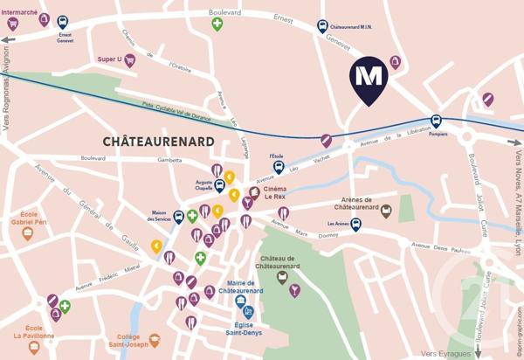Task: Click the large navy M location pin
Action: pos(369,80)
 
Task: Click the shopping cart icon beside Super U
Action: pos(129,60)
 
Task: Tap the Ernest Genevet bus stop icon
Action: pos(64,22)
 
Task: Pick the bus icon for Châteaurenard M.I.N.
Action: pos(323,26)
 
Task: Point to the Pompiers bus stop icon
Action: pos(436,121)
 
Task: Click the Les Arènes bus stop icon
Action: pos(356,225)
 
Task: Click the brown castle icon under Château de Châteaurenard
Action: pos(281,277)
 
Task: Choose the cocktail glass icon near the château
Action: pos(295,290)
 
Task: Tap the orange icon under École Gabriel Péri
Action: pos(28,233)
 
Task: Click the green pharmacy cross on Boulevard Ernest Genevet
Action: pos(217,24)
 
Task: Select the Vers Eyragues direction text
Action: pos(444,353)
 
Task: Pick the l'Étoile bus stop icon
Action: pos(278,167)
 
